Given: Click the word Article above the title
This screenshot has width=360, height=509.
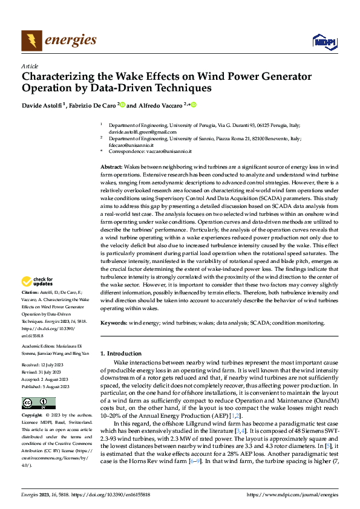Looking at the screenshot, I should tap(30, 66).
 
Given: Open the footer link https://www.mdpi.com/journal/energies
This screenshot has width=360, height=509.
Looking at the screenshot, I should tap(293, 494).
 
